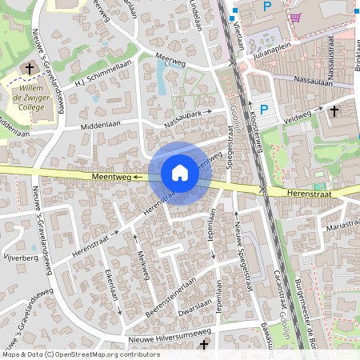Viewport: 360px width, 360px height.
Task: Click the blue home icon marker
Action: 180,173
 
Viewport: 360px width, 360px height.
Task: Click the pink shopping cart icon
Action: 296,17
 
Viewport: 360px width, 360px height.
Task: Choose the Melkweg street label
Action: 144,261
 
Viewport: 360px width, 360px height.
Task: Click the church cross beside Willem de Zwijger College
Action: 30,69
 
